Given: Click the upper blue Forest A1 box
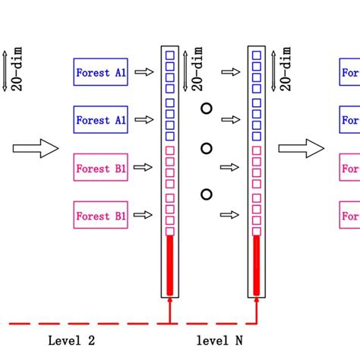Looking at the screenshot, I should coord(101,73).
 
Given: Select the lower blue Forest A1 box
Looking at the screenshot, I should coord(101,120).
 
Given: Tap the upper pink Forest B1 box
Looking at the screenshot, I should coord(101,168).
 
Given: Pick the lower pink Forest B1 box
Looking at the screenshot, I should coord(101,216).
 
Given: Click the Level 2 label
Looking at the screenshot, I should coord(71,341).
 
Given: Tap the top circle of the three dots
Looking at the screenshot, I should coord(206,109).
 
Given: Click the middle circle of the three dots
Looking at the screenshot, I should coord(206,147).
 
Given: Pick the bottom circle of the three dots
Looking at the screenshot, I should coord(206,194).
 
